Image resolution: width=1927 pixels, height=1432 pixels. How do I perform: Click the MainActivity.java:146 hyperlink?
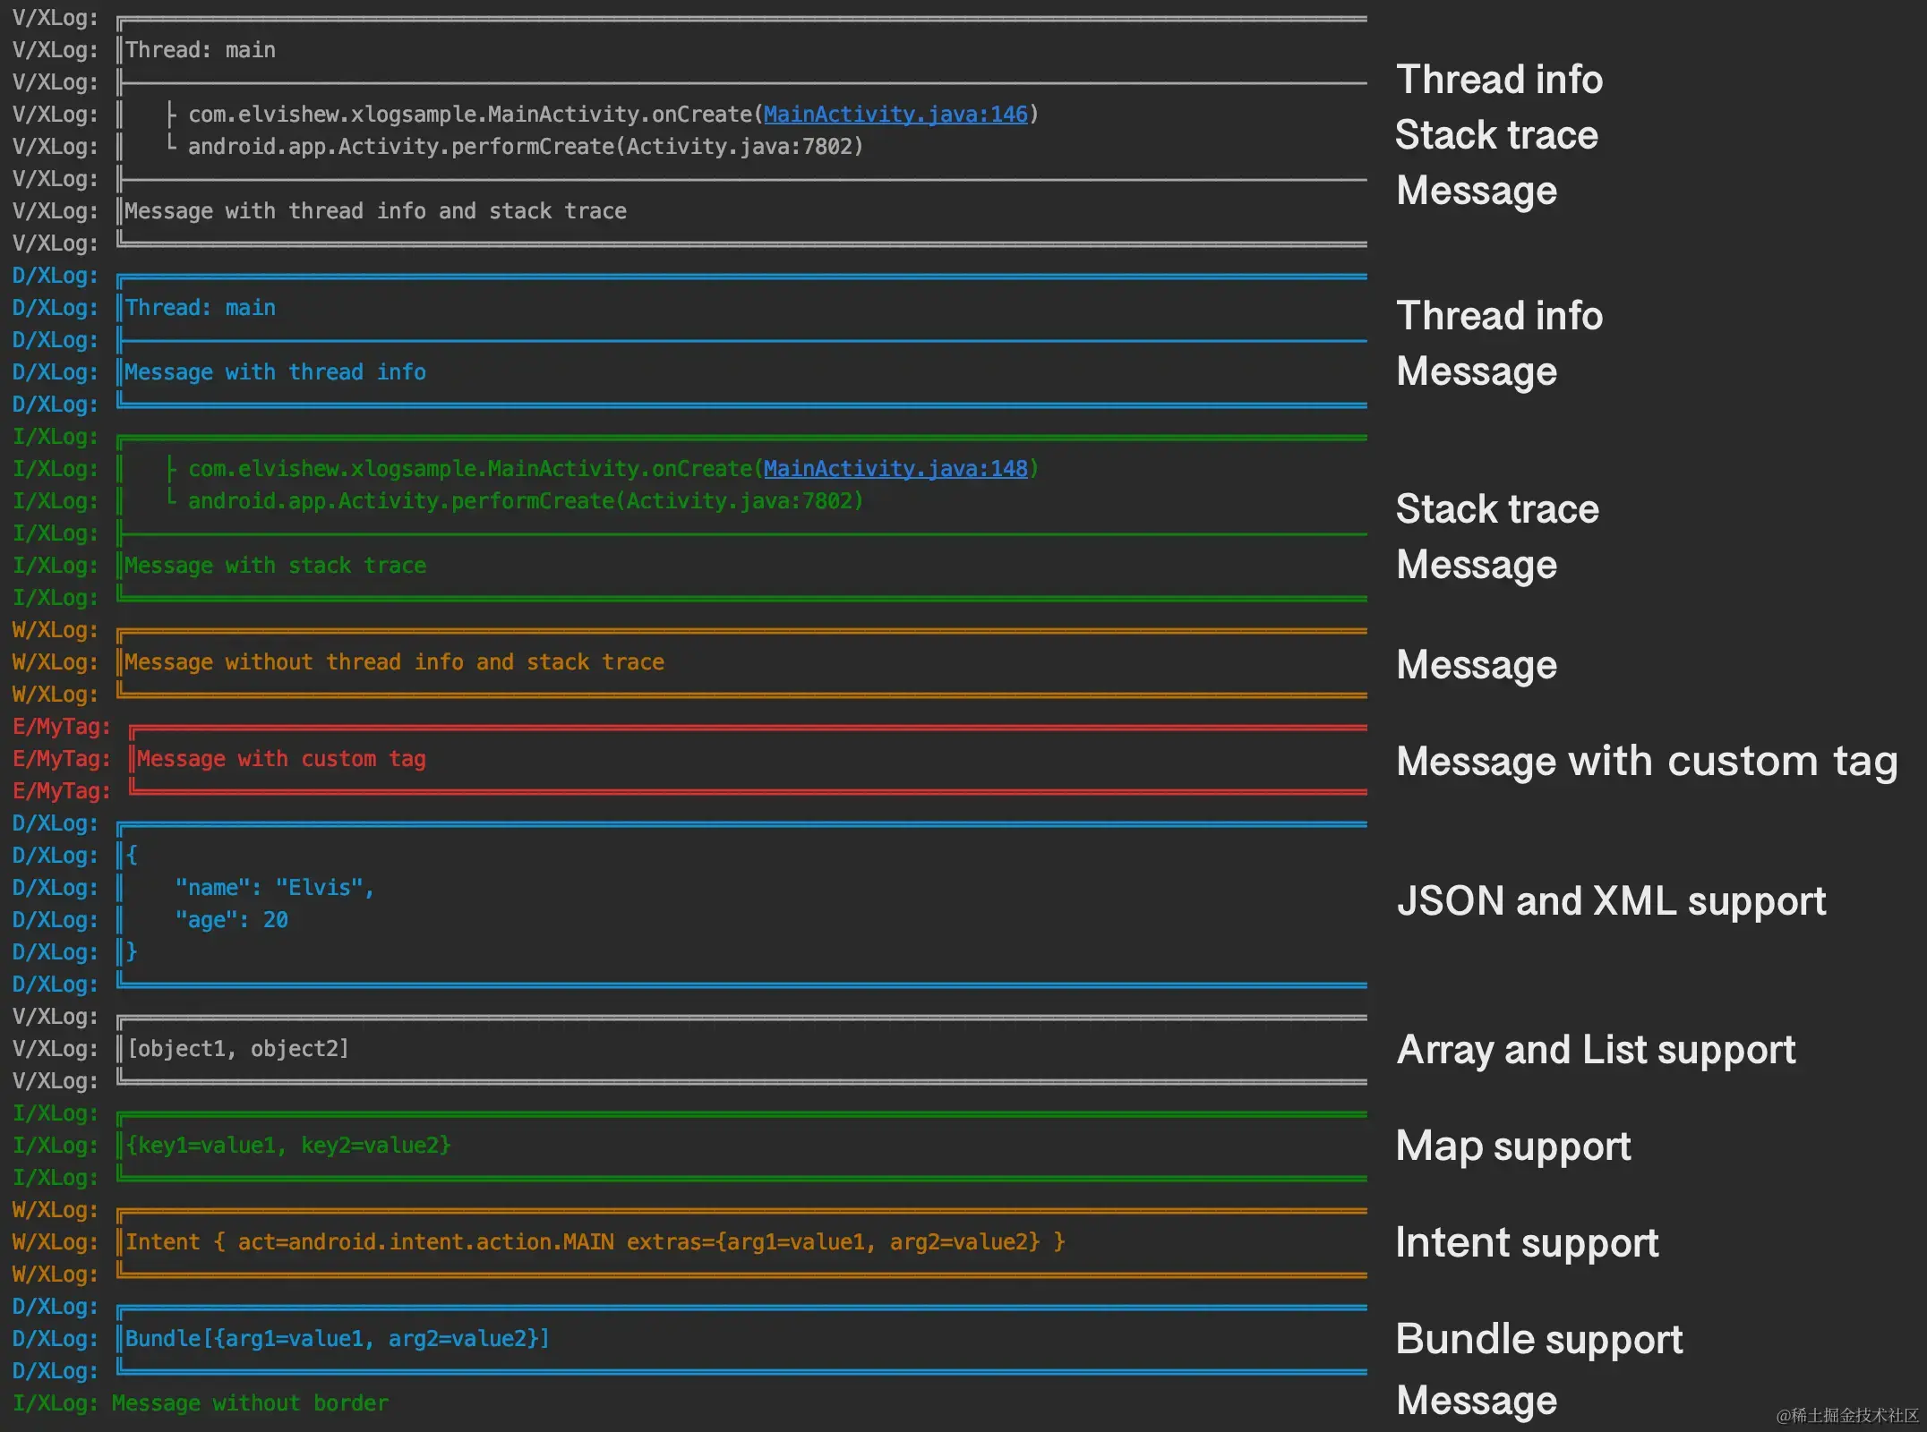coord(895,115)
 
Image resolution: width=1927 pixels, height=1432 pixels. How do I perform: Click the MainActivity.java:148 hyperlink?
coord(895,469)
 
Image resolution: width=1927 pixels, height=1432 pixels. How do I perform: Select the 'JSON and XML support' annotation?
coord(1611,901)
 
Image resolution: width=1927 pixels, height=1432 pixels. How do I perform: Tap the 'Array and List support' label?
coord(1596,1050)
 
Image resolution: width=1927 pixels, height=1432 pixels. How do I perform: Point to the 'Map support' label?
coord(1513,1146)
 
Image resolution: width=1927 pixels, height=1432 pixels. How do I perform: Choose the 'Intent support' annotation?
coord(1527,1243)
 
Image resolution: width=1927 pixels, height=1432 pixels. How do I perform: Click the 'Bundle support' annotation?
coord(1538,1340)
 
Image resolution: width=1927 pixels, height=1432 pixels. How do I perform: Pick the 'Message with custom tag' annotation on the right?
coord(1646,762)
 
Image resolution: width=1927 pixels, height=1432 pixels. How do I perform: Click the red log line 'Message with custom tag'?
coord(281,759)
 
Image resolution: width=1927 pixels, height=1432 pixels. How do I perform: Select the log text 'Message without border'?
coord(250,1403)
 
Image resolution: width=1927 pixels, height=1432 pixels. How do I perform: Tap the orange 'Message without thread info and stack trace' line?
coord(394,662)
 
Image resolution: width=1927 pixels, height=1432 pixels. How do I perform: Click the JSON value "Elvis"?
coord(319,888)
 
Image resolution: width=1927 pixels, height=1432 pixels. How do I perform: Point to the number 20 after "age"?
coord(275,920)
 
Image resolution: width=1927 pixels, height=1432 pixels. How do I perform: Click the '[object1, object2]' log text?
coord(238,1049)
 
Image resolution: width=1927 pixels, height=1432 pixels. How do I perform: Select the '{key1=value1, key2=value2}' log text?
coord(288,1146)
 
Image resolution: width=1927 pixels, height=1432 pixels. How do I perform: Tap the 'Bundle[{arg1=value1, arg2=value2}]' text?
coord(337,1339)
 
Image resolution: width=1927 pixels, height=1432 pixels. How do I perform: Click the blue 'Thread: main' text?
coord(201,308)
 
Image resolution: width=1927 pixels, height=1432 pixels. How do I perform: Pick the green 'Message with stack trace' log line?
coord(275,566)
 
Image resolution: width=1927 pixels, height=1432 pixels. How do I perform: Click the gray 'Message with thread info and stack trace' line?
coord(375,211)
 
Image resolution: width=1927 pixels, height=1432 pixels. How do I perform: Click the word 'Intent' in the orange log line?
coord(163,1242)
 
